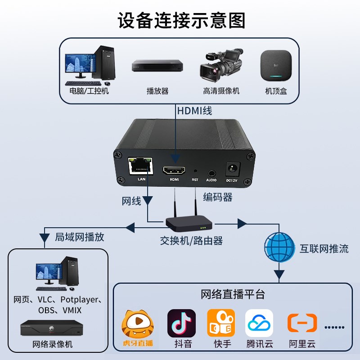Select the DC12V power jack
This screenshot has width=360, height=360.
pyautogui.click(x=231, y=169)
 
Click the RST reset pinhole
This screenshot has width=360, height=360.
pyautogui.click(x=195, y=171)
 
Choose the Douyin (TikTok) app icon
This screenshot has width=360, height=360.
pyautogui.click(x=181, y=323)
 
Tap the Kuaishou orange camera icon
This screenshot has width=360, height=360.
pyautogui.click(x=220, y=323)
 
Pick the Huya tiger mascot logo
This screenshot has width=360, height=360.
pyautogui.click(x=137, y=324)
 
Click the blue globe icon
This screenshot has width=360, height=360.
pyautogui.click(x=279, y=247)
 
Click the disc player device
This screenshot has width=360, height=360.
pyautogui.click(x=157, y=66)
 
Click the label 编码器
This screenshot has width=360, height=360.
pyautogui.click(x=217, y=197)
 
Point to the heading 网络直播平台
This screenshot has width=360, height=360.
pyautogui.click(x=233, y=295)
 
